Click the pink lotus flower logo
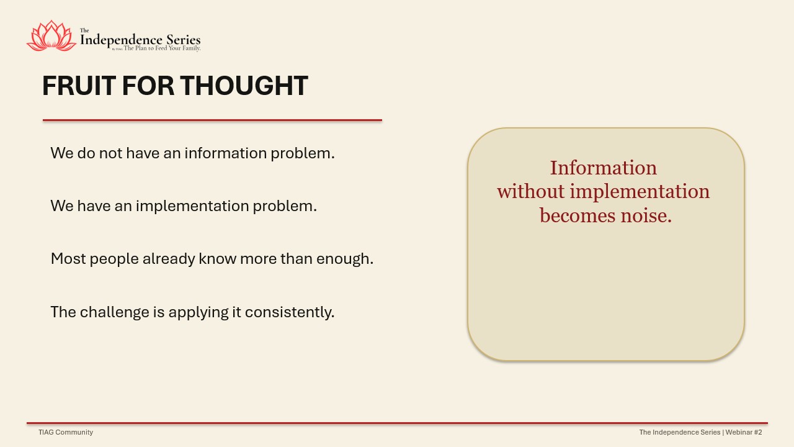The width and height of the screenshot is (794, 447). [x=51, y=35]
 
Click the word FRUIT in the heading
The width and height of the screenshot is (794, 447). [x=79, y=86]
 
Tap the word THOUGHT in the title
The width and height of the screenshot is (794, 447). [x=244, y=86]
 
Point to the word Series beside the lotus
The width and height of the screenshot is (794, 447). [x=184, y=39]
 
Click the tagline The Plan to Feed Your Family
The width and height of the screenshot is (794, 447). [x=162, y=48]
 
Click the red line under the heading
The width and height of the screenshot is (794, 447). [x=212, y=120]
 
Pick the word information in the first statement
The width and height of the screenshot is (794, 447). [x=225, y=153]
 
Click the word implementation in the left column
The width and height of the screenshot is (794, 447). [x=192, y=206]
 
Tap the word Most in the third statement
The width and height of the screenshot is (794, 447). [x=68, y=259]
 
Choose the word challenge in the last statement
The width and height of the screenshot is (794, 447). [x=115, y=312]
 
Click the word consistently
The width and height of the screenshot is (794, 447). [x=289, y=312]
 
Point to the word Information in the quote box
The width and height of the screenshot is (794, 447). [x=604, y=168]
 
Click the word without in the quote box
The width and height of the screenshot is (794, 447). [x=530, y=192]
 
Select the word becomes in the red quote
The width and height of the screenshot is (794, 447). [x=578, y=215]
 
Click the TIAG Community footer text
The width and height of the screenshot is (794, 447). [x=66, y=432]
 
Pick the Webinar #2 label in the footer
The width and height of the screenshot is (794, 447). [x=744, y=432]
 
